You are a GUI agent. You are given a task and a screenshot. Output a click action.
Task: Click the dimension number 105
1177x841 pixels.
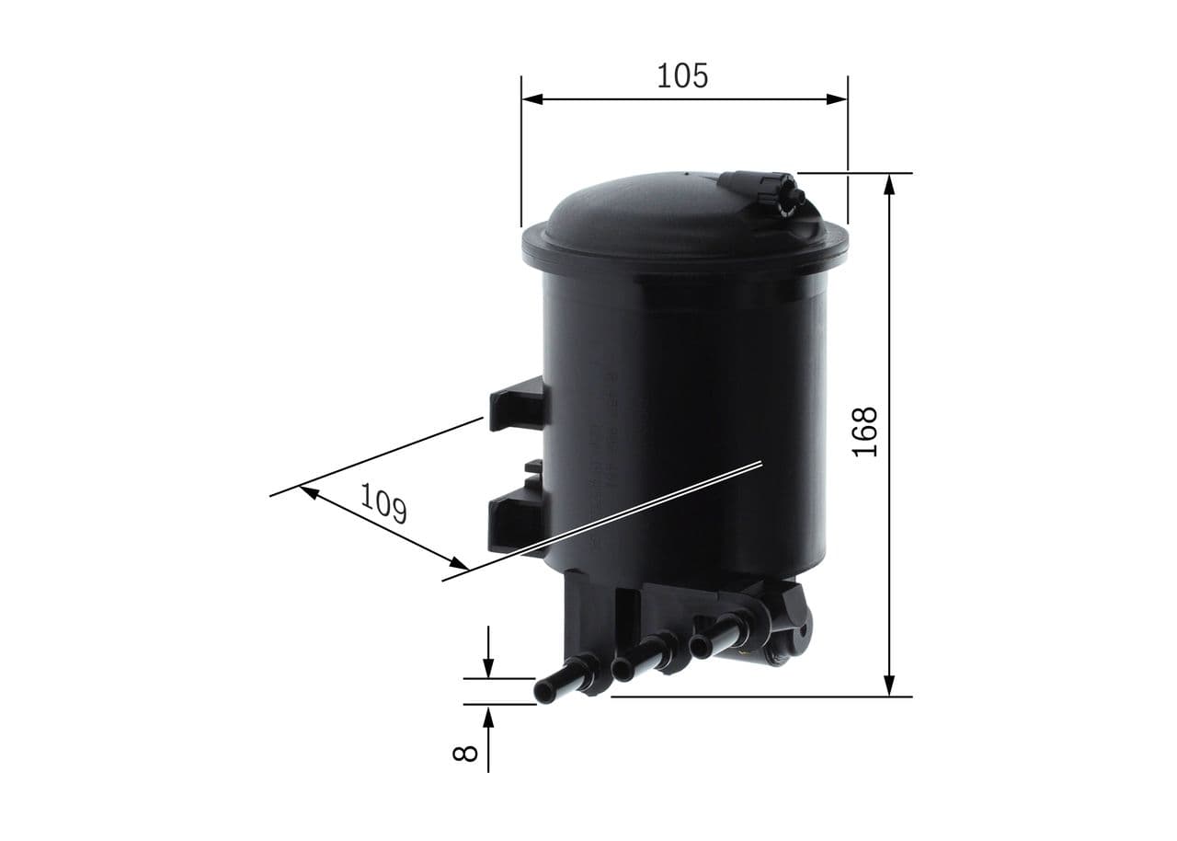tap(682, 75)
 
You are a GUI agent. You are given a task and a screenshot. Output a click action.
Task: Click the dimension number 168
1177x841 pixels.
tap(865, 432)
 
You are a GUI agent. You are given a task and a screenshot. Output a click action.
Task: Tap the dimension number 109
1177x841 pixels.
tap(383, 503)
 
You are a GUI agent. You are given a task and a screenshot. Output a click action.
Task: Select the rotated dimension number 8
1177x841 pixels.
tap(466, 752)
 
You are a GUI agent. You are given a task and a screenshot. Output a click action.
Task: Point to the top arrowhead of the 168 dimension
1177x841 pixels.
tap(889, 184)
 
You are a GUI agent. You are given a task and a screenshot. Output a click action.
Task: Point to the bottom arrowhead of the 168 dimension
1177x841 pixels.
tap(889, 685)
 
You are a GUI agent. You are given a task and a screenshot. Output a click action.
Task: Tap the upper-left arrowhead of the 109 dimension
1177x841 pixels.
tap(310, 493)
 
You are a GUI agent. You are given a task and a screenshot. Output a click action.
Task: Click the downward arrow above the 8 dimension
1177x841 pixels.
tap(488, 669)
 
